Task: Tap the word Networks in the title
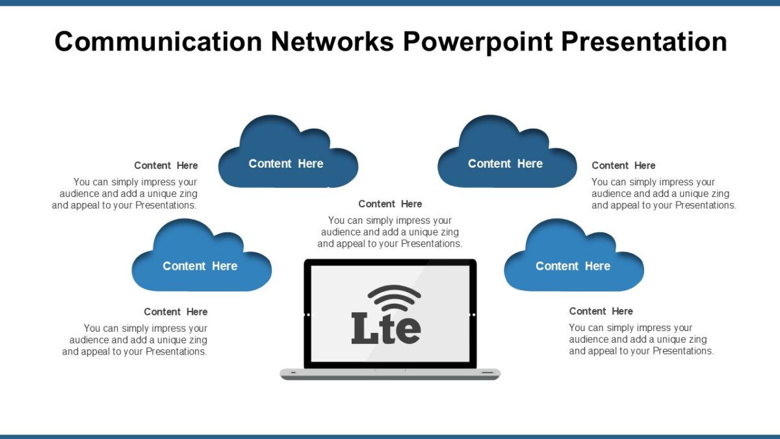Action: pos(331,42)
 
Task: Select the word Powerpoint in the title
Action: pos(478,42)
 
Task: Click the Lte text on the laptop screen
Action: pos(386,328)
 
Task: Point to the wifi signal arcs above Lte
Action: pos(394,299)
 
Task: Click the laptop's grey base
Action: pos(390,374)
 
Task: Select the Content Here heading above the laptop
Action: pos(390,204)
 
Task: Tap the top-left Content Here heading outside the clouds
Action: pos(166,166)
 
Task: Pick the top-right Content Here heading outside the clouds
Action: pos(623,166)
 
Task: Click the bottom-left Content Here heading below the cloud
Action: pos(175,312)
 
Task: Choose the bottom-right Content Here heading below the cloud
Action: pos(601,312)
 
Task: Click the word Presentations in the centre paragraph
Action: pos(431,244)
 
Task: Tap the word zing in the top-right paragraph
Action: pos(719,194)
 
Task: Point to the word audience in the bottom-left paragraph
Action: pos(89,340)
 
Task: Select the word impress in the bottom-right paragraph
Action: pos(651,328)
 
